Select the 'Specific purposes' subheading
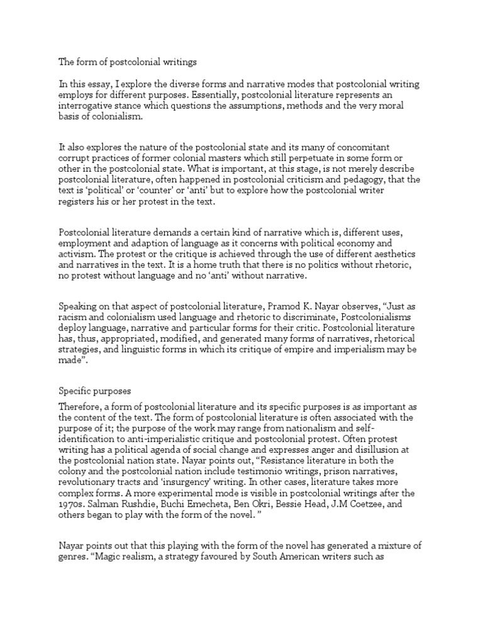point(95,391)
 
